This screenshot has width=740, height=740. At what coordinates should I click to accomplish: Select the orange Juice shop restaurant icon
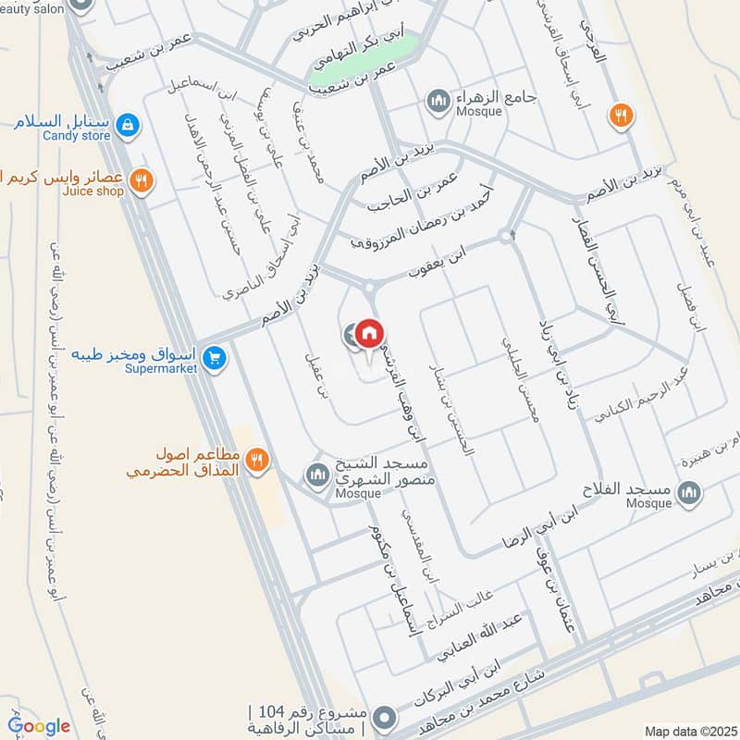141,179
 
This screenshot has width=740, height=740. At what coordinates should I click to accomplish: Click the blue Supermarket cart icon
215,357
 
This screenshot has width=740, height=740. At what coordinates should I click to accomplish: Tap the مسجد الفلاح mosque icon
687,493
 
